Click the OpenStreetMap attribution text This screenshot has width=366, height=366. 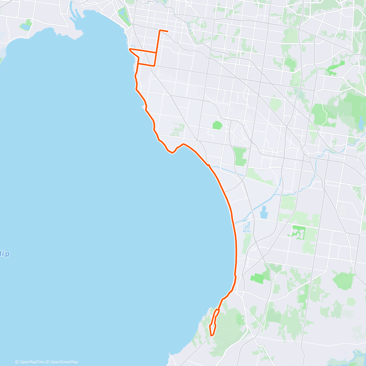[x=64, y=362]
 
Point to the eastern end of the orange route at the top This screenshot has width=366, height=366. [x=167, y=31]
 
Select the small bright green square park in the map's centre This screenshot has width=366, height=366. [x=217, y=125]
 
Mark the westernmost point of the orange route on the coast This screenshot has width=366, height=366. [x=130, y=49]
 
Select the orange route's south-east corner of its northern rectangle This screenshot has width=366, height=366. [x=154, y=66]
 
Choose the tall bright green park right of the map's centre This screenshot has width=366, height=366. [x=240, y=156]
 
